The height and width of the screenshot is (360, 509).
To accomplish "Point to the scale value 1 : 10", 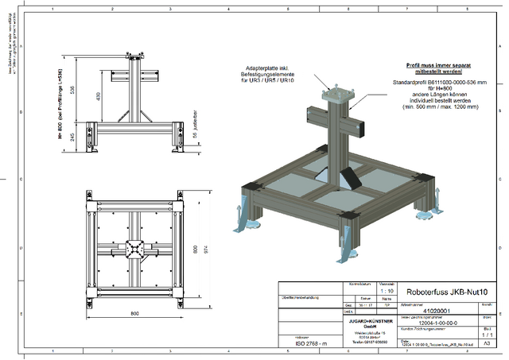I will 385,292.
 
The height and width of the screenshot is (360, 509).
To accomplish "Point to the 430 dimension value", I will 98,96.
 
